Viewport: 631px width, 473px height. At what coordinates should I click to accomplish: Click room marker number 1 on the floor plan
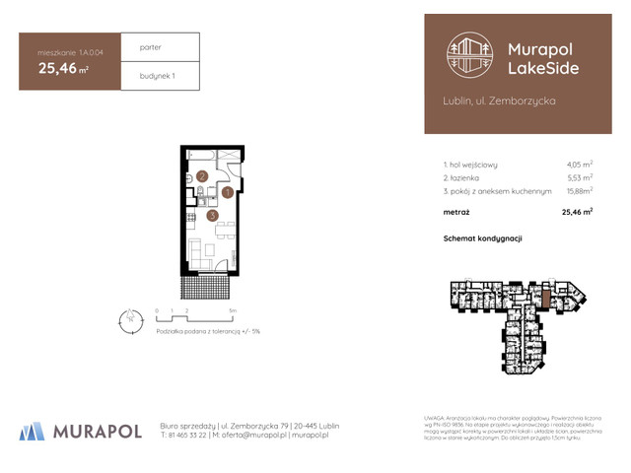point(227,192)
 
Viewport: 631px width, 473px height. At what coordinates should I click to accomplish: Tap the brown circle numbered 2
point(200,177)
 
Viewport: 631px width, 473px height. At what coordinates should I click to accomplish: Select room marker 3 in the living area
point(212,215)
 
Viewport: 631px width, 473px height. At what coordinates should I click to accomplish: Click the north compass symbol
point(127,317)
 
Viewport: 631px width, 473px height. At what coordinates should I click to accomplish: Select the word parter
point(151,46)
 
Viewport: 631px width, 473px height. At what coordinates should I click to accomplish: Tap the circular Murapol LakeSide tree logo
point(469,55)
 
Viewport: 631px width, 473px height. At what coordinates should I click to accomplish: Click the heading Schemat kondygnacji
point(483,238)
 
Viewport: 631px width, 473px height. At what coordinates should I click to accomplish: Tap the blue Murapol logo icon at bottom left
point(32,430)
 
